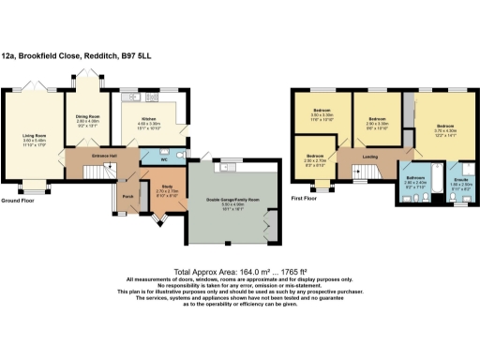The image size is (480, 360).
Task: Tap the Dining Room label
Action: [88, 115]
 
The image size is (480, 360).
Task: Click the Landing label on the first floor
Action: [369, 157]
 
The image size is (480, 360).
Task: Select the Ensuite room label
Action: [460, 178]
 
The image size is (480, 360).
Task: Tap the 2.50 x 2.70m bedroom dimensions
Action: [315, 161]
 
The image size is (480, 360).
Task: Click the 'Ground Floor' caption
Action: [19, 201]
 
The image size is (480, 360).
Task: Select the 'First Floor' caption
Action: [304, 198]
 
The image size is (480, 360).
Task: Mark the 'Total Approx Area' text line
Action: [239, 271]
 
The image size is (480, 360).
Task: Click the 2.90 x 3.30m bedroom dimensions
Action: [378, 123]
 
